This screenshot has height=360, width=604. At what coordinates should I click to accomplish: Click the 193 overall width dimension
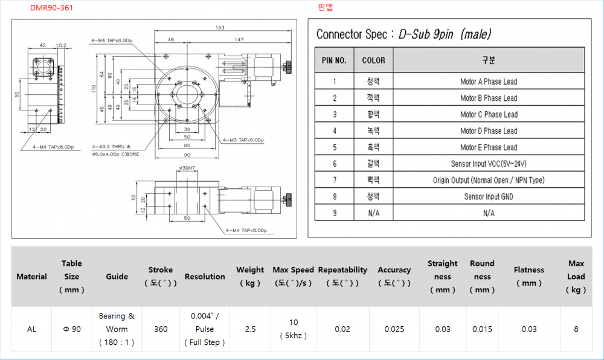(x=219, y=28)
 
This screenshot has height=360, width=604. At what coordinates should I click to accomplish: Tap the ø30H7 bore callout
(x=187, y=167)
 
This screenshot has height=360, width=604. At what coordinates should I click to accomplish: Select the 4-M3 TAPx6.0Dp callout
(x=243, y=140)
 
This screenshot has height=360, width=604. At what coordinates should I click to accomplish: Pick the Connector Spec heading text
(x=403, y=34)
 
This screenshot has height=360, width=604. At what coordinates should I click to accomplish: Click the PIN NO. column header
(x=334, y=60)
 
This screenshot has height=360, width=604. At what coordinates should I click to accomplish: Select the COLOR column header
(x=373, y=60)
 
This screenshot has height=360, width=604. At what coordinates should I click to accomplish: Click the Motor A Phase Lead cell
(x=488, y=82)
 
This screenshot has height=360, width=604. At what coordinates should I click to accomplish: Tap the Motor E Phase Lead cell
(x=488, y=147)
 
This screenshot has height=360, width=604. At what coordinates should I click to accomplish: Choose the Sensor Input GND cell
(x=488, y=196)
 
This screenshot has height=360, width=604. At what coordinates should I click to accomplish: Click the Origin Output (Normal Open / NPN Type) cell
(x=488, y=180)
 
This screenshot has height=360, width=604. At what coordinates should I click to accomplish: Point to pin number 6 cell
(x=335, y=164)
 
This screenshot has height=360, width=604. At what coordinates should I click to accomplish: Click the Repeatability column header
(x=342, y=276)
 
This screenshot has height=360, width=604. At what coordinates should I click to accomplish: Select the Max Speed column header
(x=293, y=276)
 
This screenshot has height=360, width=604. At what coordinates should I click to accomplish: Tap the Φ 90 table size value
(x=71, y=329)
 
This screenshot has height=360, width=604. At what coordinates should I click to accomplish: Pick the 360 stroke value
(x=161, y=329)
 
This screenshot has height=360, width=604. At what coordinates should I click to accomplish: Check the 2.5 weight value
(x=250, y=329)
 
